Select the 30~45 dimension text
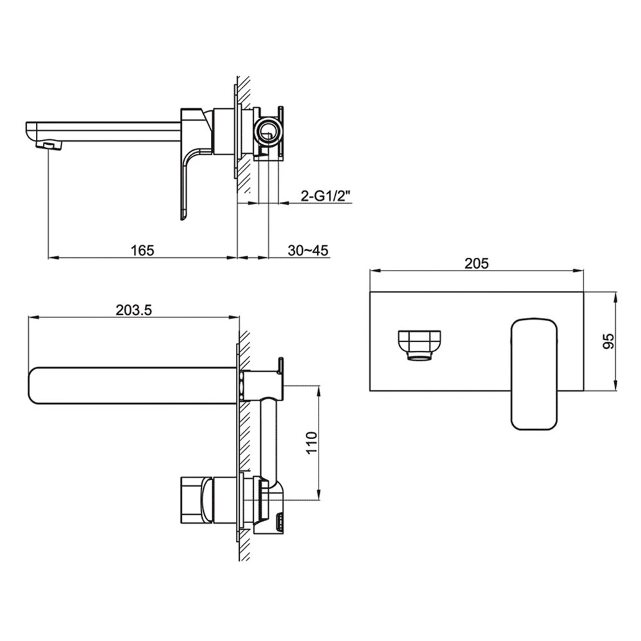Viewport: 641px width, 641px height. tap(308, 250)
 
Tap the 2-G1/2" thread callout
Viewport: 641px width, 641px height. tap(326, 197)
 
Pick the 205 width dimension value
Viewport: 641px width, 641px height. tap(477, 263)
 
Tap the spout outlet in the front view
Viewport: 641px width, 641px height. tap(420, 345)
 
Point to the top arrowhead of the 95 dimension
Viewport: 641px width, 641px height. tap(616, 297)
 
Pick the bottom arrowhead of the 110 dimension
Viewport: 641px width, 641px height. tap(318, 495)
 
